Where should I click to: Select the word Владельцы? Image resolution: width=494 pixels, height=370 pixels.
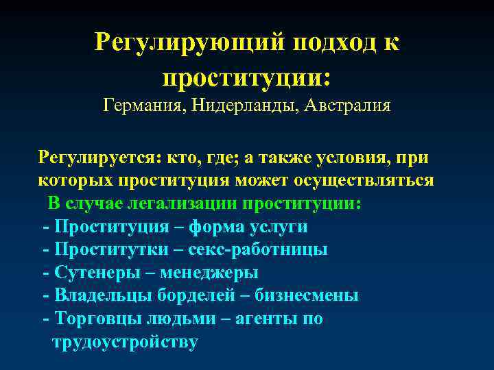[x=99, y=295]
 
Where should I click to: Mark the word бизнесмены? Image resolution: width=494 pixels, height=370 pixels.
[x=306, y=295]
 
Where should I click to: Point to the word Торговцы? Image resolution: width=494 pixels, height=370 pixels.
[x=96, y=319]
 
